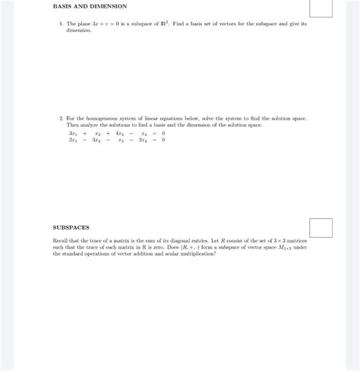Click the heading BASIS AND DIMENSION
(x=89, y=6)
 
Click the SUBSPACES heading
(x=71, y=227)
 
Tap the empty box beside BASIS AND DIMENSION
(x=320, y=8)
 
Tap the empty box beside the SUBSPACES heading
(x=320, y=227)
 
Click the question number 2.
(x=61, y=119)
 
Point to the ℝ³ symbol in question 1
(x=163, y=24)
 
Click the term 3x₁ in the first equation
(x=72, y=133)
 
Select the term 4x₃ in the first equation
(x=119, y=133)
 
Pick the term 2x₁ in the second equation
(x=72, y=140)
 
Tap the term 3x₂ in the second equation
(x=96, y=140)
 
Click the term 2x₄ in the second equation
(x=142, y=140)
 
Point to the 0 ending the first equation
(x=163, y=133)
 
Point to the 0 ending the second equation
(x=163, y=140)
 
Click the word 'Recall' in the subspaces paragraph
(x=62, y=240)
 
